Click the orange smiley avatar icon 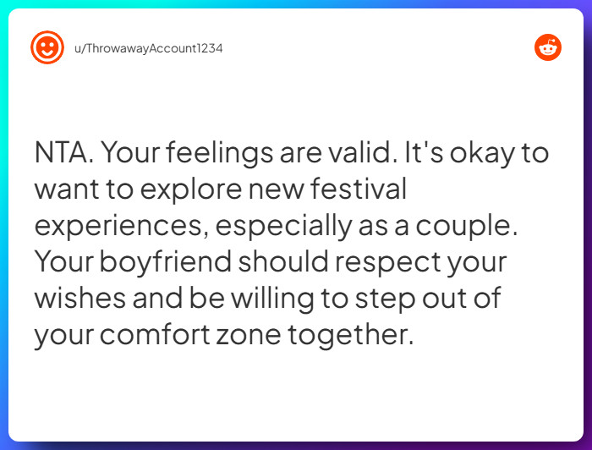click(47, 47)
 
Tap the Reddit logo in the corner click(548, 47)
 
